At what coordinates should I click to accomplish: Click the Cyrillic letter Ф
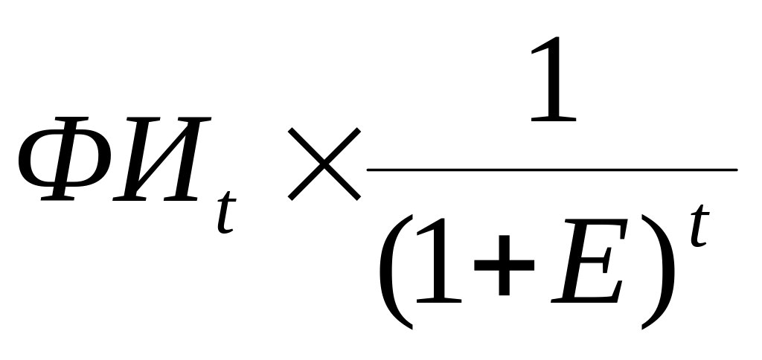click(x=65, y=158)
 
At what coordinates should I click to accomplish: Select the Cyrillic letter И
click(x=161, y=158)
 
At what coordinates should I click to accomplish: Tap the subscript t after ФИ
click(x=226, y=212)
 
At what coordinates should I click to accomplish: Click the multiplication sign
click(x=324, y=164)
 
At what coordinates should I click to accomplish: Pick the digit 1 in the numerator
click(x=554, y=78)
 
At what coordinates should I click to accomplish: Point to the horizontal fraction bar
click(x=553, y=170)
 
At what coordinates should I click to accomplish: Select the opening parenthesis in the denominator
click(x=397, y=272)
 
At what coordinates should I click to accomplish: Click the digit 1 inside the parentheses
click(x=439, y=260)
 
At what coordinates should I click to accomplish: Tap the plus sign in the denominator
click(x=504, y=265)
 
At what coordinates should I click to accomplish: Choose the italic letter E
click(x=589, y=261)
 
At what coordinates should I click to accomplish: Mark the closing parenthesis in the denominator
click(x=658, y=272)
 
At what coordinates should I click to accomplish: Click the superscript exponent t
click(x=699, y=225)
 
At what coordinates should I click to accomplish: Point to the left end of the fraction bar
click(x=368, y=170)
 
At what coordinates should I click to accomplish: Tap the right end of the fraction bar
click(x=737, y=170)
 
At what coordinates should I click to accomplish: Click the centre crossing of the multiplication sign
click(x=324, y=164)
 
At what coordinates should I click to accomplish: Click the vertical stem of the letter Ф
click(x=65, y=158)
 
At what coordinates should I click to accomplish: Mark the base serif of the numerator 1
click(x=554, y=118)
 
